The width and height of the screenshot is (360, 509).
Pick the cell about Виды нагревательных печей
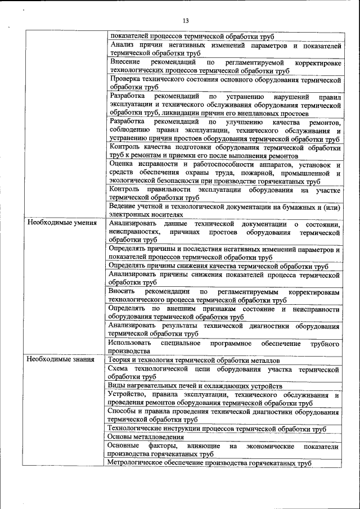[x=195, y=386]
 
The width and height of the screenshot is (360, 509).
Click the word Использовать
[x=129, y=343]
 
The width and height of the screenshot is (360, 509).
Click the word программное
[x=230, y=343]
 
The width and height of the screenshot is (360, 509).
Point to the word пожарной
[x=267, y=173]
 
